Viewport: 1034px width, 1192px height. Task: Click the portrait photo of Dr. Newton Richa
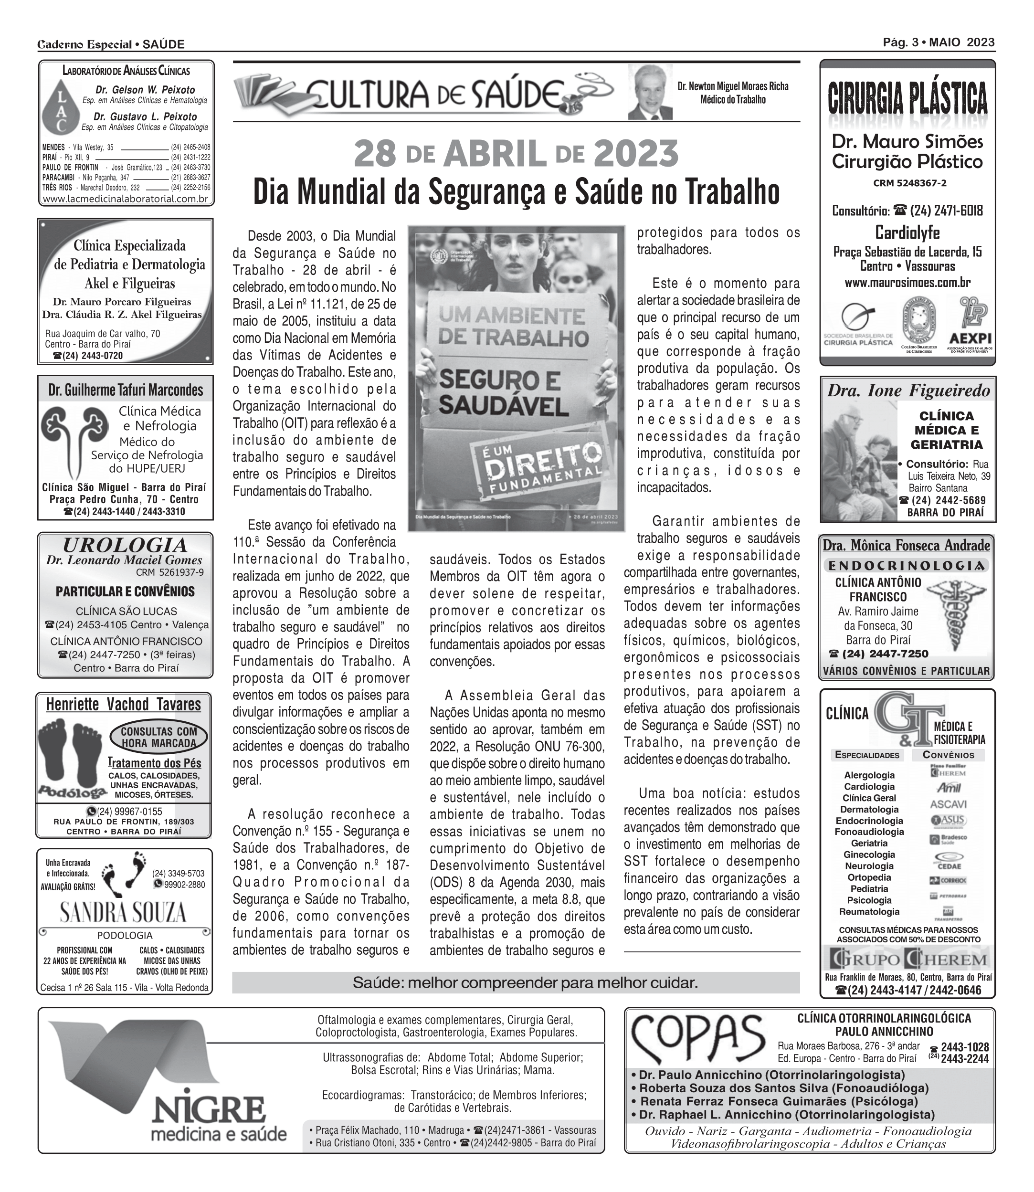pos(651,92)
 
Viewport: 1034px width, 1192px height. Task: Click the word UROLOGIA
pos(125,545)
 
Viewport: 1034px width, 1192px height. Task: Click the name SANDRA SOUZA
pos(124,913)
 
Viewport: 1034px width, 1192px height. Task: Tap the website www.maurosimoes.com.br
pos(907,283)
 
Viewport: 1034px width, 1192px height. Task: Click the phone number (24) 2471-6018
pos(946,211)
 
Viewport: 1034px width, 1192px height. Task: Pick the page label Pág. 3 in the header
pos(901,42)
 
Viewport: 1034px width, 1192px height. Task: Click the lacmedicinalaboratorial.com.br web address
pos(125,199)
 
